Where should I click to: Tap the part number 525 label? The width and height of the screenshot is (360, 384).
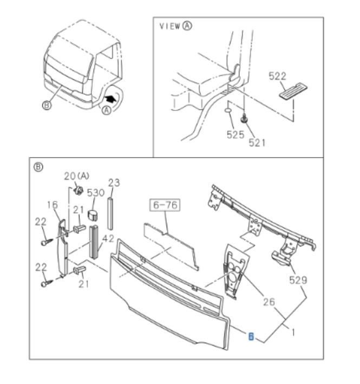coord(235,135)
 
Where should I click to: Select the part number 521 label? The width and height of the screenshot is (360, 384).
coord(258,142)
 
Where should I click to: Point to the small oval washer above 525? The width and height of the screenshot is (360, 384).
coord(229,113)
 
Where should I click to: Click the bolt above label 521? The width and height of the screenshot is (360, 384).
coord(245,119)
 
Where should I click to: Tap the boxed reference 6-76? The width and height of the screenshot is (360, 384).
coord(165,205)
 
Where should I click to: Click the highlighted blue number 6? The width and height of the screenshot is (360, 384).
coord(251,336)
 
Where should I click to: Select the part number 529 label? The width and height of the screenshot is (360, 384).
coord(298,280)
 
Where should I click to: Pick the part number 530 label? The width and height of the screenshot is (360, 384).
coord(95,192)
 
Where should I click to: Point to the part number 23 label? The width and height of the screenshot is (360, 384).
coord(114,183)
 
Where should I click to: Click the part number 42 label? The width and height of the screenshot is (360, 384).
coord(108,237)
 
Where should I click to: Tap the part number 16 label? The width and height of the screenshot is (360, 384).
coord(52,205)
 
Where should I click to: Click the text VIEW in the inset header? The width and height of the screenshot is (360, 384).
coord(170,26)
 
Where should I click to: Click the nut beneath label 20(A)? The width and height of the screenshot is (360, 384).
coord(78,190)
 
